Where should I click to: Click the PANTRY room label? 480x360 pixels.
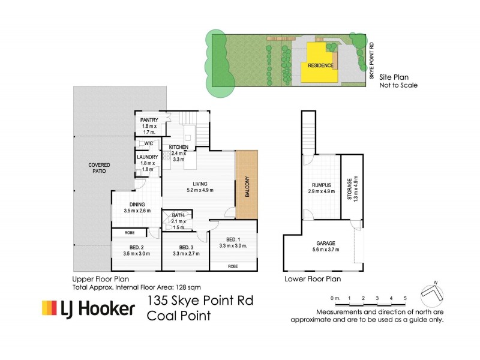pyautogui.click(x=149, y=120)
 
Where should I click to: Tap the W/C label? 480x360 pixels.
pyautogui.click(x=148, y=143)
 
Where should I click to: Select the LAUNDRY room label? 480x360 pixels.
pyautogui.click(x=148, y=157)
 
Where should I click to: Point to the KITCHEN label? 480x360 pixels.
pyautogui.click(x=179, y=147)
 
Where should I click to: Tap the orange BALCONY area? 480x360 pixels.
pyautogui.click(x=246, y=185)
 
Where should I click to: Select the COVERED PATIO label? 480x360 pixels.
pyautogui.click(x=98, y=167)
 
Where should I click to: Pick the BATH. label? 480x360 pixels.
pyautogui.click(x=178, y=215)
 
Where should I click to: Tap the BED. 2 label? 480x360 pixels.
pyautogui.click(x=136, y=247)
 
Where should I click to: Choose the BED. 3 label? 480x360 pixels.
pyautogui.click(x=184, y=247)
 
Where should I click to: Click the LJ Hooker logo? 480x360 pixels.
pyautogui.click(x=88, y=309)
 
